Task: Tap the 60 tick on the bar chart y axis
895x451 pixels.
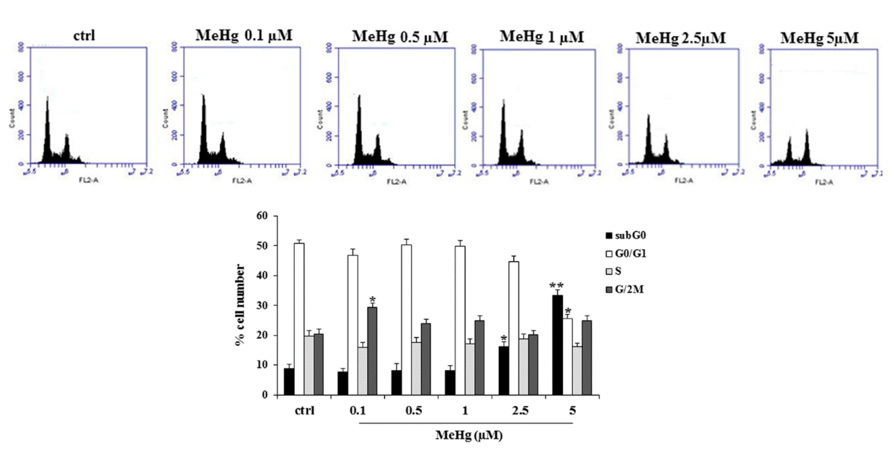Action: tap(262, 216)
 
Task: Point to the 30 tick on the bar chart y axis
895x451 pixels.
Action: tap(262, 305)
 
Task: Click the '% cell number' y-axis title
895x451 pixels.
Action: tap(240, 305)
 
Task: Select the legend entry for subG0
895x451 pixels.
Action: tap(625, 235)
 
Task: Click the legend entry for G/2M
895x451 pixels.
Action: tap(625, 289)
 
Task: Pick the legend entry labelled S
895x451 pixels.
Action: tap(613, 271)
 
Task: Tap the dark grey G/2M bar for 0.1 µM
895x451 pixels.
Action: tap(372, 351)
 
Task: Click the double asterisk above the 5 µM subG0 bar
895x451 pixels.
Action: tap(556, 286)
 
